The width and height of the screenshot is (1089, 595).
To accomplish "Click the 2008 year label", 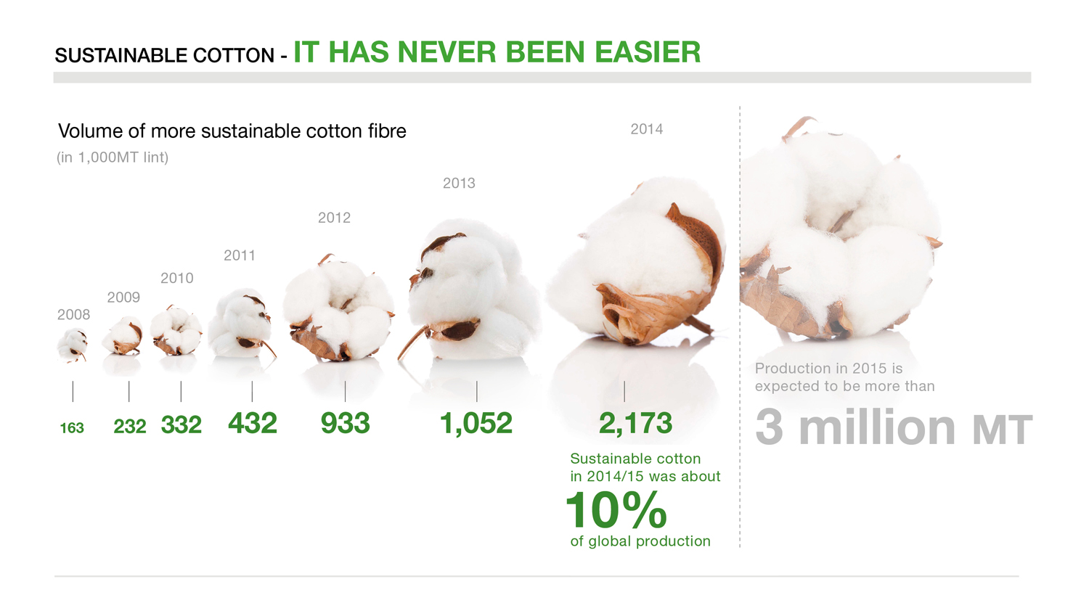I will (x=73, y=315).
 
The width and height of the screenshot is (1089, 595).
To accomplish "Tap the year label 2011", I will (x=240, y=255).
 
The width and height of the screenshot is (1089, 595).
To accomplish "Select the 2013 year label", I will (x=459, y=184).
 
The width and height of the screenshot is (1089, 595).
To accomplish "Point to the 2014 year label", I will (x=646, y=129).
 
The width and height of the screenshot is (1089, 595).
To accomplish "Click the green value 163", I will (x=72, y=428).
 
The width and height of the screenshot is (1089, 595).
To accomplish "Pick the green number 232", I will (x=130, y=427).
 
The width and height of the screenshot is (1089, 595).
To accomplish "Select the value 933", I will (x=346, y=423).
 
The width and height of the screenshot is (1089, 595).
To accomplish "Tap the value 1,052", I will (x=476, y=423).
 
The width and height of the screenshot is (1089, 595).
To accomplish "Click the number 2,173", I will (x=635, y=423).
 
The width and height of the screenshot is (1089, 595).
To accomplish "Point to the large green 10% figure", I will (x=616, y=510).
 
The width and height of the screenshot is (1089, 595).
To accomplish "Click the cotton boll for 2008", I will (x=72, y=344).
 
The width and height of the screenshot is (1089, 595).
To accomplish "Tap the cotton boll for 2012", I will (x=338, y=310).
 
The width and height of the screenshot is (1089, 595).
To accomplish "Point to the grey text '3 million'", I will (x=855, y=427).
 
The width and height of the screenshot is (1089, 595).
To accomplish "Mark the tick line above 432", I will (x=252, y=392).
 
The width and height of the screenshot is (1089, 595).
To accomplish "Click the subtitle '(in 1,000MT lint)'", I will (x=113, y=157).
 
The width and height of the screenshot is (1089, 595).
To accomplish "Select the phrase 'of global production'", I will (x=640, y=541).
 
